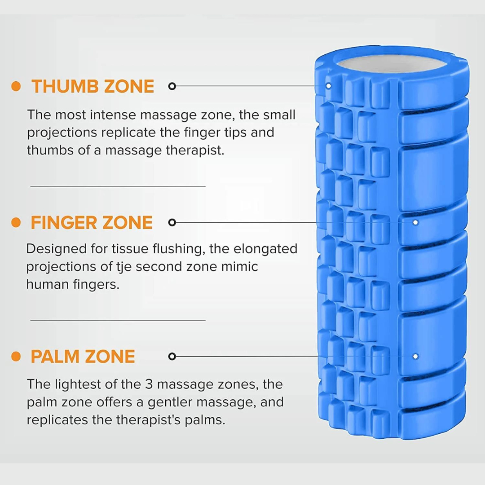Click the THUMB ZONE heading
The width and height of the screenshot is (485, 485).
93,86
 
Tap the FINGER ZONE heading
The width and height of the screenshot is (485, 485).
92,222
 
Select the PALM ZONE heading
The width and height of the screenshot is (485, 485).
83,356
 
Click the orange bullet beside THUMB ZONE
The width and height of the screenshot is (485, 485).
16,86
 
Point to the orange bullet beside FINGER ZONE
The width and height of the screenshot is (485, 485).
16,222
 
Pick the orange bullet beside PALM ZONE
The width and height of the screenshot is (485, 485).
16,356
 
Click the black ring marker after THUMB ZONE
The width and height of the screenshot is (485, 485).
172,86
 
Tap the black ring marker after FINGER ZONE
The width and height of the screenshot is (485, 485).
172,222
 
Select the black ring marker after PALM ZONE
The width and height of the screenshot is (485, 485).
172,356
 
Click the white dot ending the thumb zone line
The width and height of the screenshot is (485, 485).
328,86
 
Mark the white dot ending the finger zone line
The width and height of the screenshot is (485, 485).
415,222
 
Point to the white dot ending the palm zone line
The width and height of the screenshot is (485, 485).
415,356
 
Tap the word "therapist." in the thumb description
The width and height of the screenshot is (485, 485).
195,150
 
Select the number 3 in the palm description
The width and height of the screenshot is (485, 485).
149,384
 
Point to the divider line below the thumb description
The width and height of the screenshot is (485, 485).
118,186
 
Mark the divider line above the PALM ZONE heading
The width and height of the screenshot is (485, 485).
118,321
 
